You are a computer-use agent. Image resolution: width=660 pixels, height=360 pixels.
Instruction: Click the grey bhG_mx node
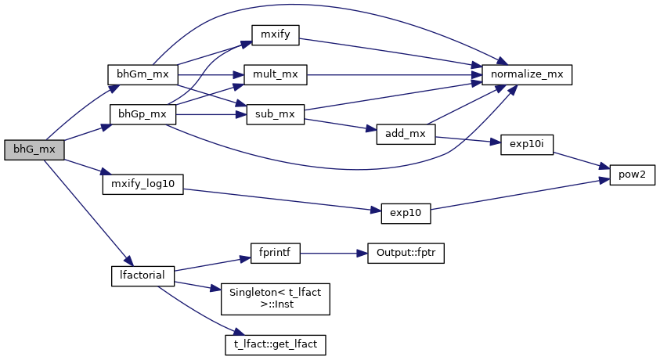click(34, 150)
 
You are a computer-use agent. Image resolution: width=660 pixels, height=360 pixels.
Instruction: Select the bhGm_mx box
click(142, 74)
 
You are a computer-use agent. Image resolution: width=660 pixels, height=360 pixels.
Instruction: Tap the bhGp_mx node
click(142, 113)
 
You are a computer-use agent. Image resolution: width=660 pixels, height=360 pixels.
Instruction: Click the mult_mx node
click(275, 74)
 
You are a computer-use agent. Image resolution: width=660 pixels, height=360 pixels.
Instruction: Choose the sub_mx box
click(275, 113)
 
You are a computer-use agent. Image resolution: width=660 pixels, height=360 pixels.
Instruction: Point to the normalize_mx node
click(528, 74)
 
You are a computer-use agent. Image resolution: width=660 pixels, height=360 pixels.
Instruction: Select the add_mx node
click(406, 133)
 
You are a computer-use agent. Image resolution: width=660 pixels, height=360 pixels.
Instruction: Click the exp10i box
click(526, 146)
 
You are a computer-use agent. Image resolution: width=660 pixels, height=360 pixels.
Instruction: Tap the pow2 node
click(627, 175)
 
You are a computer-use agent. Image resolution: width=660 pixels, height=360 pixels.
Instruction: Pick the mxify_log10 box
click(142, 183)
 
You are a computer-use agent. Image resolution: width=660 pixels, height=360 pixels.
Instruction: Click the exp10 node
click(406, 213)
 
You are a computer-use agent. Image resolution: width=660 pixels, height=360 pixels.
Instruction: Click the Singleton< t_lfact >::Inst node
click(275, 298)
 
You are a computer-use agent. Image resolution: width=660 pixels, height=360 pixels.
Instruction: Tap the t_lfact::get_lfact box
click(275, 344)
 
